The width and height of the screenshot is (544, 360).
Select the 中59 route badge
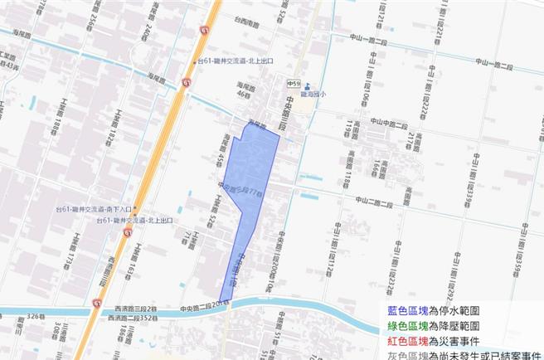point(293,85)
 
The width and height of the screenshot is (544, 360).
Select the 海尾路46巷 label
point(244,90)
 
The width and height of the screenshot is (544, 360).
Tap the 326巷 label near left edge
point(36,317)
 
